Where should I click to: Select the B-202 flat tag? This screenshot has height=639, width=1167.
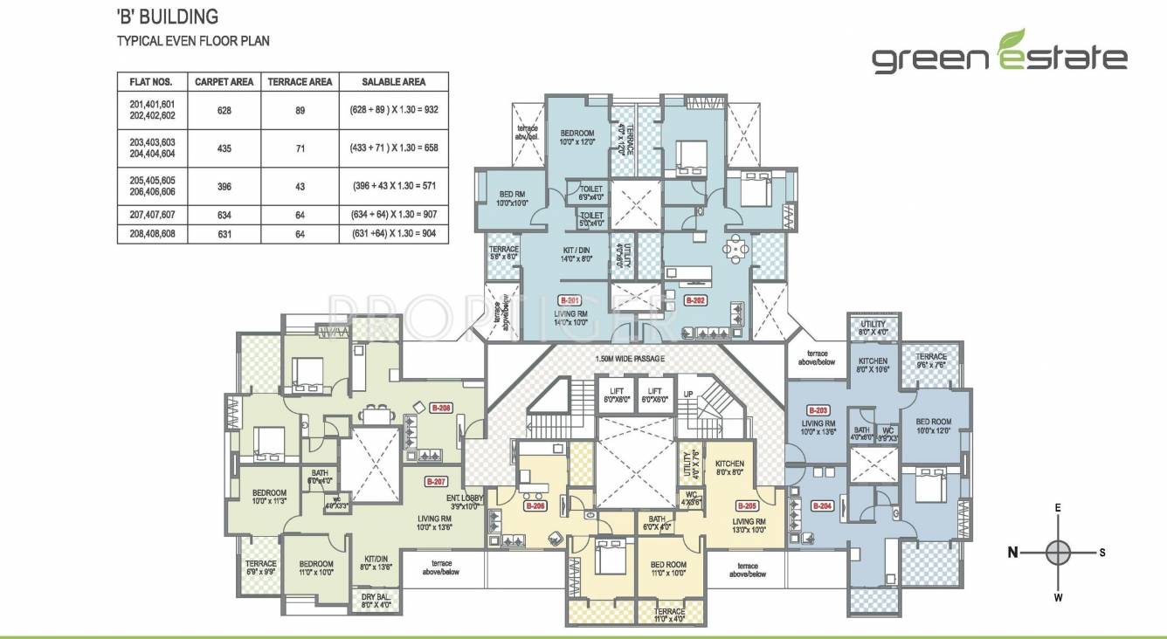click(694, 299)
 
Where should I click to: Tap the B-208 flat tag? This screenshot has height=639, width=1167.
click(442, 408)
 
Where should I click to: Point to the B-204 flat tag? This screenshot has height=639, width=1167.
click(822, 505)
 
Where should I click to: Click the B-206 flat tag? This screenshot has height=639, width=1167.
click(535, 505)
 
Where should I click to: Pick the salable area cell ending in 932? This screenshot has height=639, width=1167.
click(393, 109)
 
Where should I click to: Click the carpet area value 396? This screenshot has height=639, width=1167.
click(224, 185)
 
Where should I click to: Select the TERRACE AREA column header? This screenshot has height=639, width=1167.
click(300, 82)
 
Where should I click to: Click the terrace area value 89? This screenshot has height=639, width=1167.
click(300, 109)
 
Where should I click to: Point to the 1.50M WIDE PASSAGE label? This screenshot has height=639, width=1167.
click(630, 359)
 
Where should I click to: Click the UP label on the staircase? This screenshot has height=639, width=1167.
click(688, 394)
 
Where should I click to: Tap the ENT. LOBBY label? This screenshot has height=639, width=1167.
click(465, 501)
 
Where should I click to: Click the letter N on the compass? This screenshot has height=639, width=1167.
click(1013, 552)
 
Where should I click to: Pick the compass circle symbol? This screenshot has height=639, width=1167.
click(1058, 552)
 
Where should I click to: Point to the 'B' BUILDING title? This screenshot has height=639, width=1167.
click(168, 17)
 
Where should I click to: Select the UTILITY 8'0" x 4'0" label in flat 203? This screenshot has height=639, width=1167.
click(873, 327)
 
